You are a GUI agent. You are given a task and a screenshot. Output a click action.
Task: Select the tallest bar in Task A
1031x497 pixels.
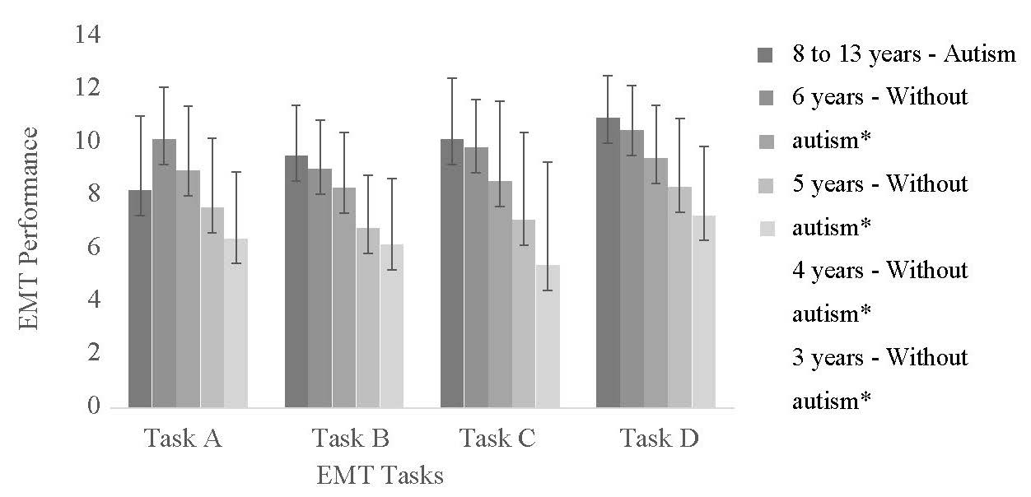(164, 272)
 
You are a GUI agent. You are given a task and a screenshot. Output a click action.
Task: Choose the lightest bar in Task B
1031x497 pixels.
(392, 325)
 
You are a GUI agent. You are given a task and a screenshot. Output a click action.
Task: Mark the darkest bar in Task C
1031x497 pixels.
(452, 272)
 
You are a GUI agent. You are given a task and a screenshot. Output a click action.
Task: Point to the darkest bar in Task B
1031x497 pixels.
(296, 281)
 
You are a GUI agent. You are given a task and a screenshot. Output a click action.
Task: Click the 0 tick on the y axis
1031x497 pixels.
(93, 407)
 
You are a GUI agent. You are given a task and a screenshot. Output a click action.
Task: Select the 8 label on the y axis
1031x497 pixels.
(93, 195)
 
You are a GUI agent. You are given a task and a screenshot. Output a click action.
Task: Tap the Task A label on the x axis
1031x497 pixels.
(183, 438)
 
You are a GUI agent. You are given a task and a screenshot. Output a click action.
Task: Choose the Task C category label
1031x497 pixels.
(497, 438)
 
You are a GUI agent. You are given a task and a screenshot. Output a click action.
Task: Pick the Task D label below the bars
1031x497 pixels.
(658, 438)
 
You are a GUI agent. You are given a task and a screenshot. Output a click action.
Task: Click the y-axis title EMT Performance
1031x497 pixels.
(29, 228)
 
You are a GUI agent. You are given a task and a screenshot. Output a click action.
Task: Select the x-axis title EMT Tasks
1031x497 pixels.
(380, 476)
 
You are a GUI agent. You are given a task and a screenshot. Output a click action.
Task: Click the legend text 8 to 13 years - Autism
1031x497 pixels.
(903, 54)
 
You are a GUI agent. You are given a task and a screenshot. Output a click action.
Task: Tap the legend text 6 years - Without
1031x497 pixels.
(879, 97)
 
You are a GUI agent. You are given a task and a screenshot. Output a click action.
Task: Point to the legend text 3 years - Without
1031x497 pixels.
(879, 358)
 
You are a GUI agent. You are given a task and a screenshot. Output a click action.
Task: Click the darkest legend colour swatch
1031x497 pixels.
(765, 55)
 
